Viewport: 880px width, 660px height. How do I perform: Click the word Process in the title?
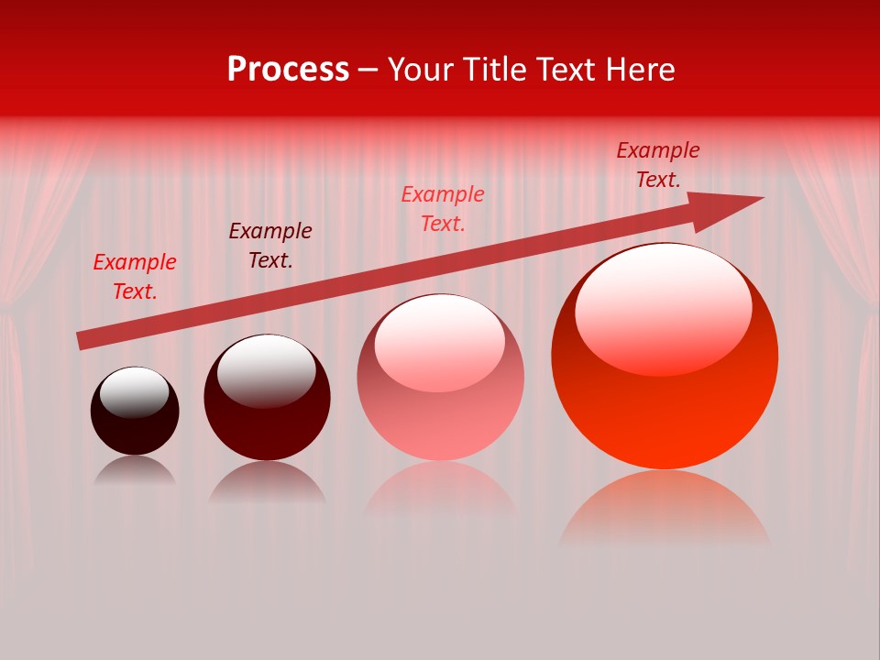pos(288,70)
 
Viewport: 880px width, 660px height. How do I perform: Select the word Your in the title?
pos(420,70)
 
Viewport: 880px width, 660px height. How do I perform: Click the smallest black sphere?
pos(135,412)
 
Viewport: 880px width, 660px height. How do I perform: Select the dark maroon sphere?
pos(267,399)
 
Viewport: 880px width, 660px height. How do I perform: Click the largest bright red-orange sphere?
pos(665,357)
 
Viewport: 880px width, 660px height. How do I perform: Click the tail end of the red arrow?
pos(81,341)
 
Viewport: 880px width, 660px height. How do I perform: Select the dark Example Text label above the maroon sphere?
pos(270,246)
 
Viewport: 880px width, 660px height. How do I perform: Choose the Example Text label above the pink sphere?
pos(443,208)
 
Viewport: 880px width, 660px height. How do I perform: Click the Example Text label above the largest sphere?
pos(658,165)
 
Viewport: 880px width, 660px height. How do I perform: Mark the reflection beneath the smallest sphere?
pos(135,471)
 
